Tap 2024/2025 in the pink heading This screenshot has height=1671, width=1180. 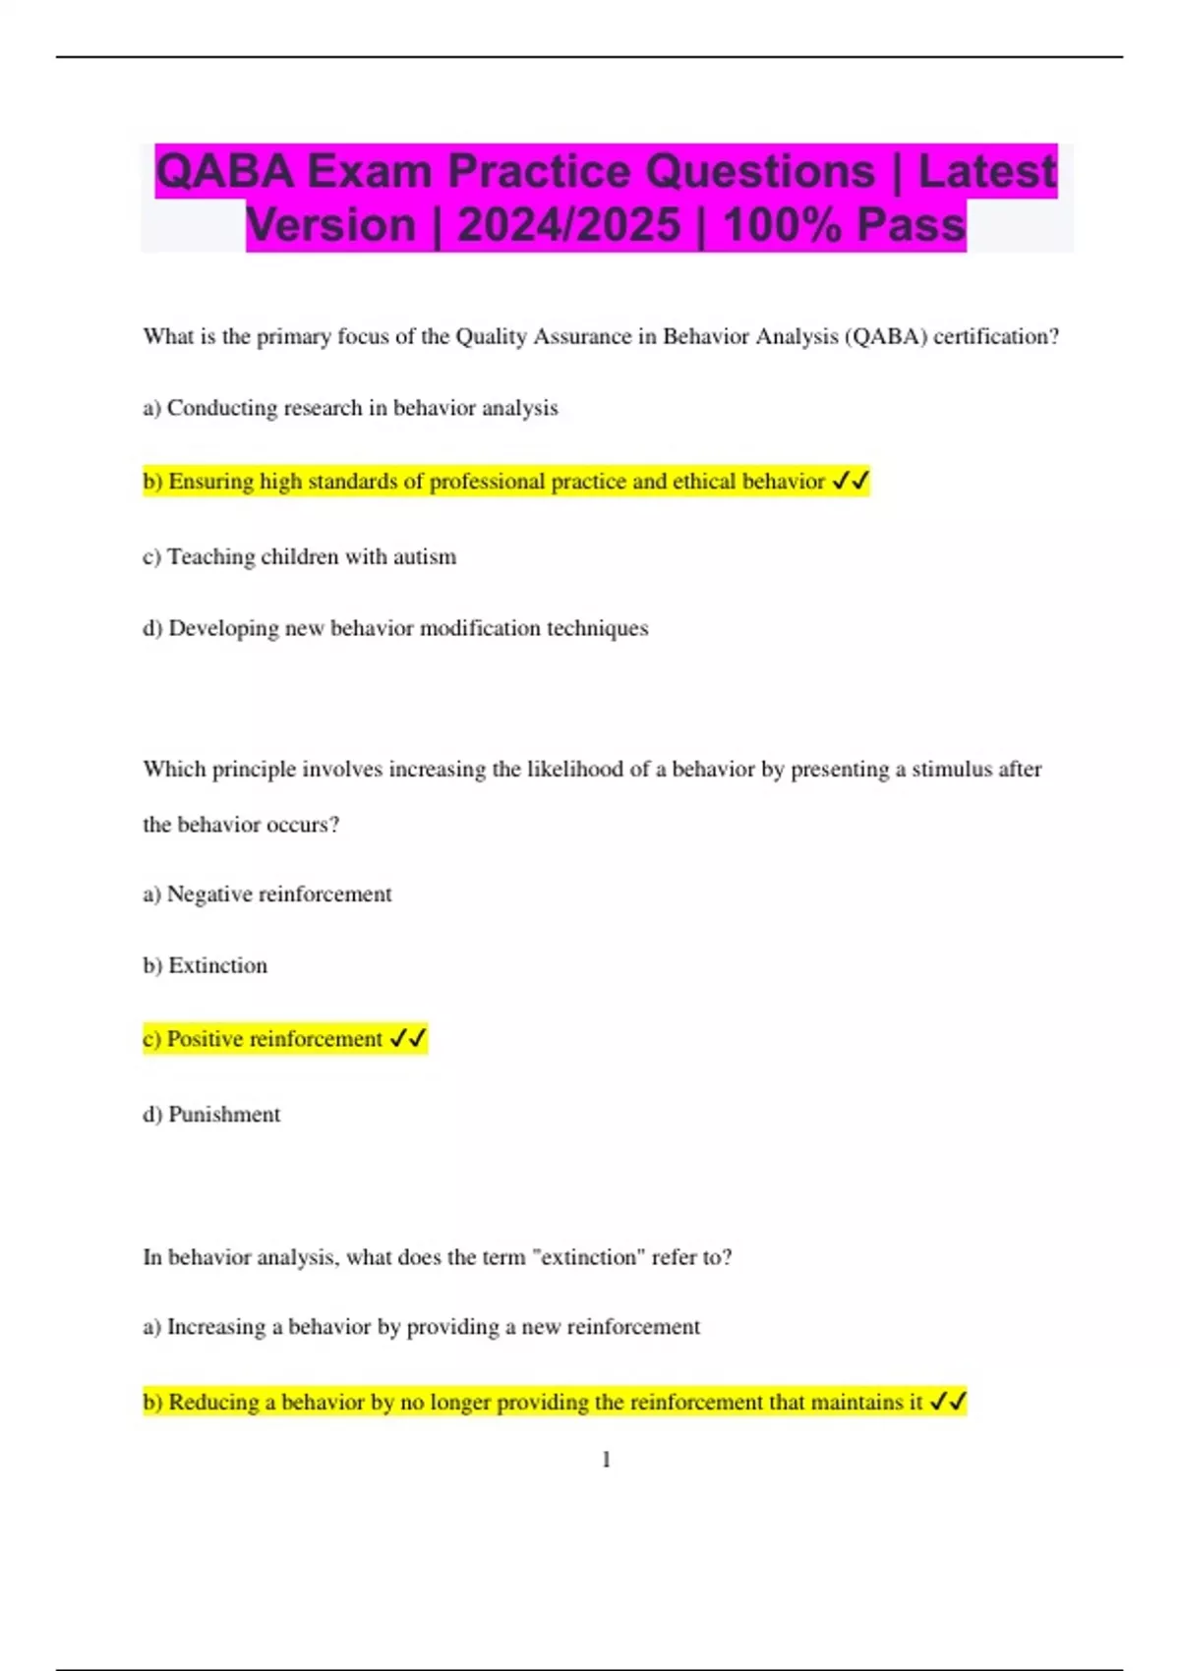[x=568, y=225]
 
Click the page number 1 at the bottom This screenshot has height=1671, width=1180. [x=606, y=1460]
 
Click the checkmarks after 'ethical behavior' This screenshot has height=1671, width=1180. [x=851, y=481]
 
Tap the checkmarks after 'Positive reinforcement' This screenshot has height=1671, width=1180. [x=408, y=1038]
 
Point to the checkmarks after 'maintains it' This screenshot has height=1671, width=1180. [x=948, y=1401]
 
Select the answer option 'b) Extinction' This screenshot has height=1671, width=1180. [x=205, y=965]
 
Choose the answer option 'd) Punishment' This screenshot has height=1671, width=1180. [x=211, y=1114]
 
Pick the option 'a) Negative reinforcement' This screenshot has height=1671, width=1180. [x=267, y=893]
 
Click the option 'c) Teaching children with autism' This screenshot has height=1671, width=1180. [x=300, y=556]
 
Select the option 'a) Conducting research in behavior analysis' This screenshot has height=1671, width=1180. [x=350, y=408]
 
